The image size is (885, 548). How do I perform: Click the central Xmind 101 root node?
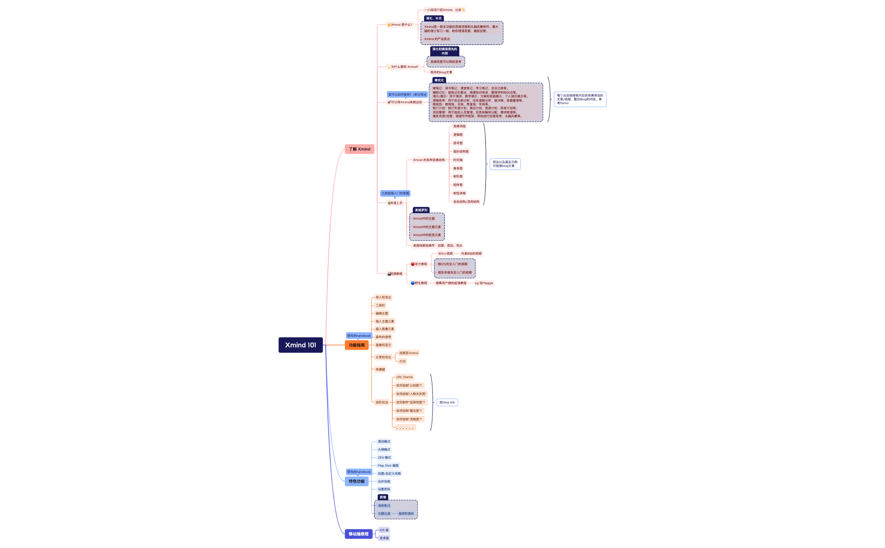click(x=300, y=345)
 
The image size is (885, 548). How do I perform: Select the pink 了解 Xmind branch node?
click(x=359, y=149)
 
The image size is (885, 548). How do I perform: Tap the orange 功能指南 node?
click(x=357, y=345)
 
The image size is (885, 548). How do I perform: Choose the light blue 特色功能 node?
click(x=357, y=481)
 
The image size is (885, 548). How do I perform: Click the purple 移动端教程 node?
click(x=359, y=534)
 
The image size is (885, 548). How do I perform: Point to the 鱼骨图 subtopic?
click(x=458, y=168)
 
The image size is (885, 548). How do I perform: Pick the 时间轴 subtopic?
click(x=458, y=160)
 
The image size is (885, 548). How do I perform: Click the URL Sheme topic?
click(x=405, y=377)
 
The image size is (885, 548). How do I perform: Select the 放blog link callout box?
click(x=447, y=403)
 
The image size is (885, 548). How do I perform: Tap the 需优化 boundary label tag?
click(x=439, y=80)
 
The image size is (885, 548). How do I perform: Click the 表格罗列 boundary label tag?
click(x=421, y=210)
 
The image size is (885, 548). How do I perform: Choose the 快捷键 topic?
click(x=380, y=370)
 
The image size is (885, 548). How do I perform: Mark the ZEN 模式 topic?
click(x=384, y=458)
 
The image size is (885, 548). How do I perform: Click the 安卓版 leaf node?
click(x=384, y=538)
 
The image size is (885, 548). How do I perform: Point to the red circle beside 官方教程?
click(x=413, y=264)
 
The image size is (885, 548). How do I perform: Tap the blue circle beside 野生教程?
click(x=413, y=283)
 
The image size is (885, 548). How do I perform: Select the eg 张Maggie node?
click(x=484, y=283)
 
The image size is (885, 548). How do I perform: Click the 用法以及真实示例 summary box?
click(x=505, y=164)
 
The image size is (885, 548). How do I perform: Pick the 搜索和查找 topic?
click(x=406, y=514)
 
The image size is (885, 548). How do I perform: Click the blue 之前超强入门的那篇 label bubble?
click(x=395, y=193)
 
